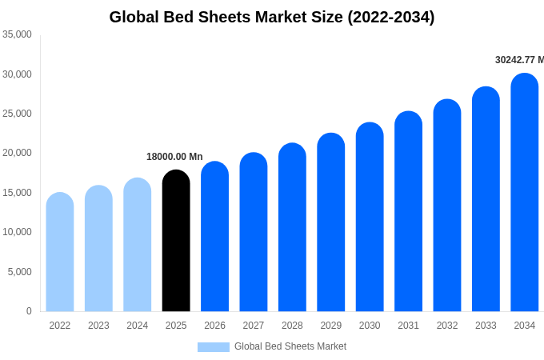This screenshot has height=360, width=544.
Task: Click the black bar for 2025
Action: click(176, 241)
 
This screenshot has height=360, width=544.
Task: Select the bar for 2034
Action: click(525, 193)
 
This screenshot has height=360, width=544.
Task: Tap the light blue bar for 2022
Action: click(60, 252)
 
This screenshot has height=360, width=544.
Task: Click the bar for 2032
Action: click(447, 206)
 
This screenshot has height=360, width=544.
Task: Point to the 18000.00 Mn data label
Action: click(174, 157)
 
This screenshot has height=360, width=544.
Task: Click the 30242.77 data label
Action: click(519, 60)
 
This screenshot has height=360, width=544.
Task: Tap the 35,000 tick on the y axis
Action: click(17, 34)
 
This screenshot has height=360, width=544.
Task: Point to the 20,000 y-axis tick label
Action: click(17, 153)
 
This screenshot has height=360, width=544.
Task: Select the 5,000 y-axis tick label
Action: click(19, 272)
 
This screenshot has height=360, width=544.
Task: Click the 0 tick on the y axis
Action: click(29, 311)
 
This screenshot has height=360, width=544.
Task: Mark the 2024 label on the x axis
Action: click(137, 326)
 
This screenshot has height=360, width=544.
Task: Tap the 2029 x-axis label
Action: click(330, 326)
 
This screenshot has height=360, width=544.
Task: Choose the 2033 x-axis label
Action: click(486, 326)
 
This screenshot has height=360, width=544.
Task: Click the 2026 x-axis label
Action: click(214, 326)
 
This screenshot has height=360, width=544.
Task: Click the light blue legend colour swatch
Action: click(214, 346)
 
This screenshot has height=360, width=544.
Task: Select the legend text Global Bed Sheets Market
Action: click(290, 346)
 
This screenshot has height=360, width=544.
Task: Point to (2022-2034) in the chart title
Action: click(391, 17)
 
